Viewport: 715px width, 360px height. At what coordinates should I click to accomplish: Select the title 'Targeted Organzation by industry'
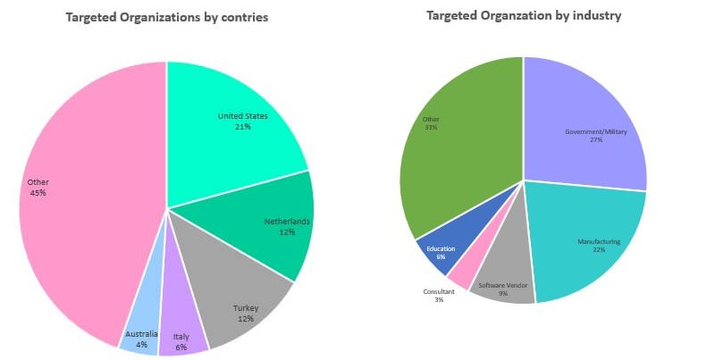click(x=523, y=15)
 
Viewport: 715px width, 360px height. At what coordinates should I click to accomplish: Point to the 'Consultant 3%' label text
click(x=439, y=296)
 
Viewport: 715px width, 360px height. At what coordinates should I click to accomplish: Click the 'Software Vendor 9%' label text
click(x=503, y=290)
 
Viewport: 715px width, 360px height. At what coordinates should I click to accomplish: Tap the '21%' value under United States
click(x=241, y=127)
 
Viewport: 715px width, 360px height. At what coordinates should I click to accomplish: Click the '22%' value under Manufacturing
click(x=598, y=249)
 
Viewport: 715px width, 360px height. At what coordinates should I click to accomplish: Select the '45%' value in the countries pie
click(x=38, y=192)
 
